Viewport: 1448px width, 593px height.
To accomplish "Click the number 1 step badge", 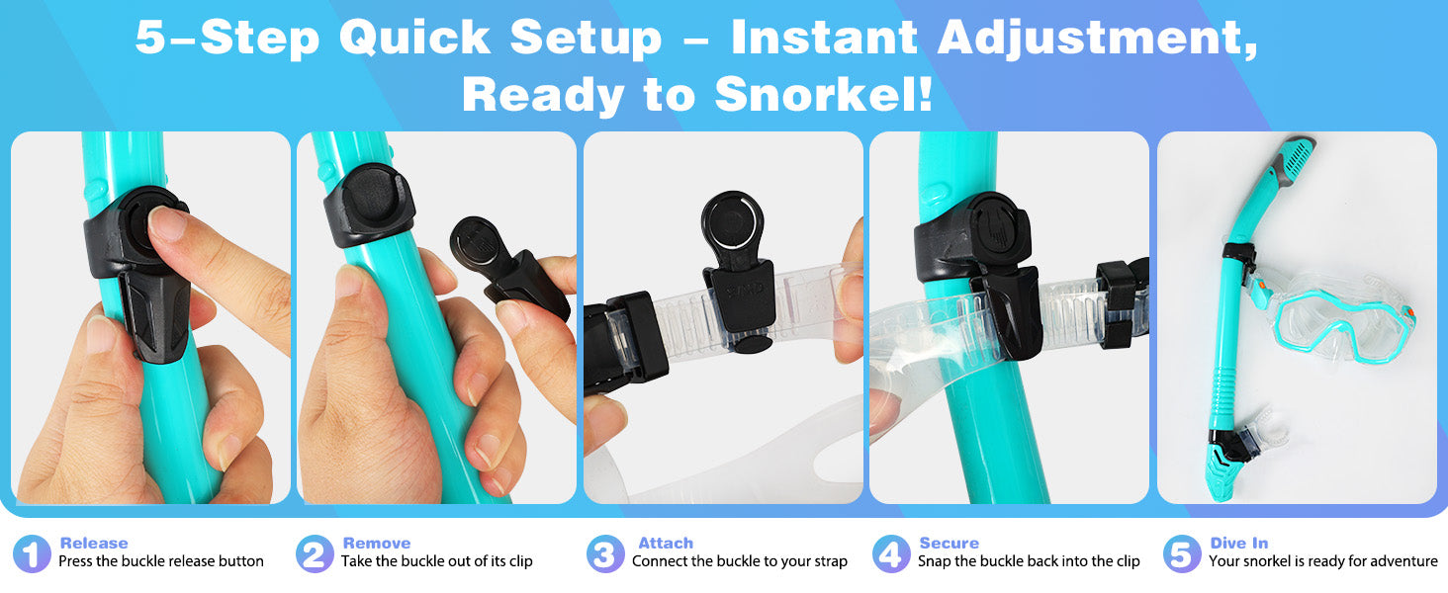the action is coord(31,553).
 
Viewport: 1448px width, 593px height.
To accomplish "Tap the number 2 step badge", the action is coord(315,553).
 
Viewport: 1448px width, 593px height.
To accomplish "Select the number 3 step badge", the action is coord(605,553).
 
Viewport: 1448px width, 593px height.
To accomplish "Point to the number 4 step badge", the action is coord(891,553).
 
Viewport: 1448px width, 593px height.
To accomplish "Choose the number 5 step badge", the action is coord(1182,553).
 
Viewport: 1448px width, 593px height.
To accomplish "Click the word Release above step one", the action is coord(94,543).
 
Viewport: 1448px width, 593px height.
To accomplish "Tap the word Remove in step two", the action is coord(376,543).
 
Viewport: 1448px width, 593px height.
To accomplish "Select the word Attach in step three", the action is coord(666,543).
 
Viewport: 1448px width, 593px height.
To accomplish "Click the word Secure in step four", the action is coord(949,543).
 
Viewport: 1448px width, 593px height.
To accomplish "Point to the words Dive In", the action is coord(1238,543).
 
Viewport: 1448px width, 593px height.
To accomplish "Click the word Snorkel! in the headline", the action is coord(824,94).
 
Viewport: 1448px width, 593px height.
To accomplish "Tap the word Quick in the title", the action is coord(414,37).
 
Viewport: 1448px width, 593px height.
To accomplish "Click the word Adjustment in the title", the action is coord(1098,39).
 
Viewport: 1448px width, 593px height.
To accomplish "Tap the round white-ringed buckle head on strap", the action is coord(732,222).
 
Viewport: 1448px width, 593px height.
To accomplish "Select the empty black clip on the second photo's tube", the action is coord(369,205).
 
